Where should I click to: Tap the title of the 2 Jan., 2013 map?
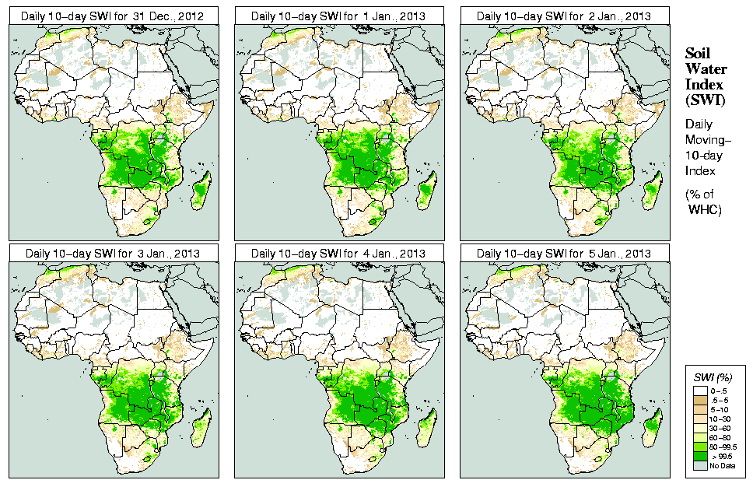[564, 16]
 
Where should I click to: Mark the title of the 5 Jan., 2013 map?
[564, 254]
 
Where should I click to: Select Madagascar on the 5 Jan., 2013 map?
[653, 426]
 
